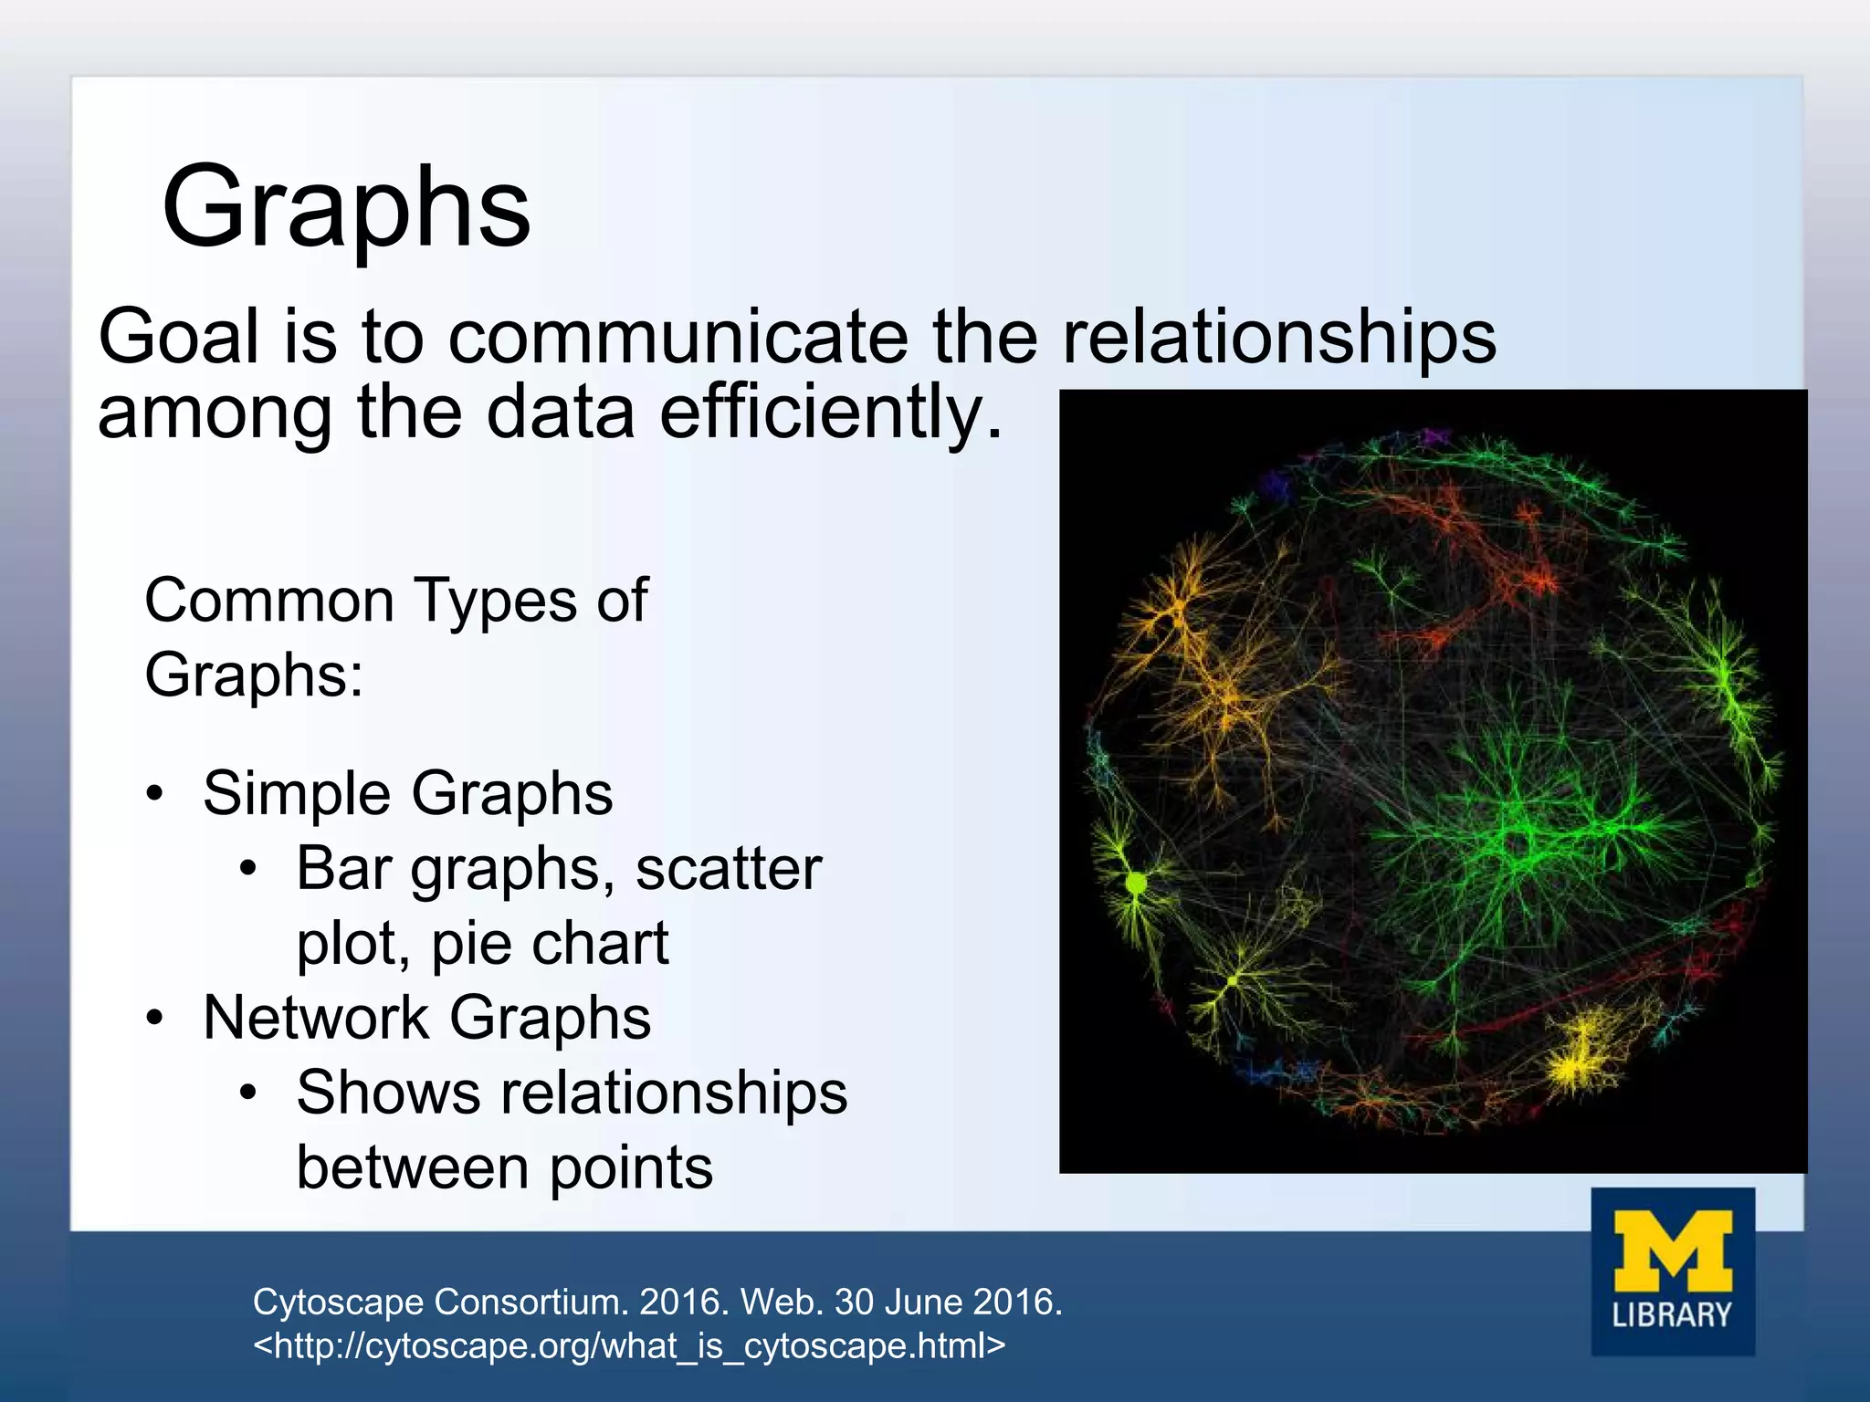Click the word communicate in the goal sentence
pyautogui.click(x=678, y=337)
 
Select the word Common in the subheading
pyautogui.click(x=269, y=602)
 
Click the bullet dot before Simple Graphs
pyautogui.click(x=156, y=793)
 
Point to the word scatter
pyautogui.click(x=729, y=869)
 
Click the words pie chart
pyautogui.click(x=550, y=944)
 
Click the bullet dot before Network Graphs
pyautogui.click(x=156, y=1018)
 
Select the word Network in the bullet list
pyautogui.click(x=316, y=1018)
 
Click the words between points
pyautogui.click(x=504, y=1168)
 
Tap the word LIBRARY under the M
pyautogui.click(x=1672, y=1315)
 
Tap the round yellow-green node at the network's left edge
pyautogui.click(x=1136, y=884)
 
